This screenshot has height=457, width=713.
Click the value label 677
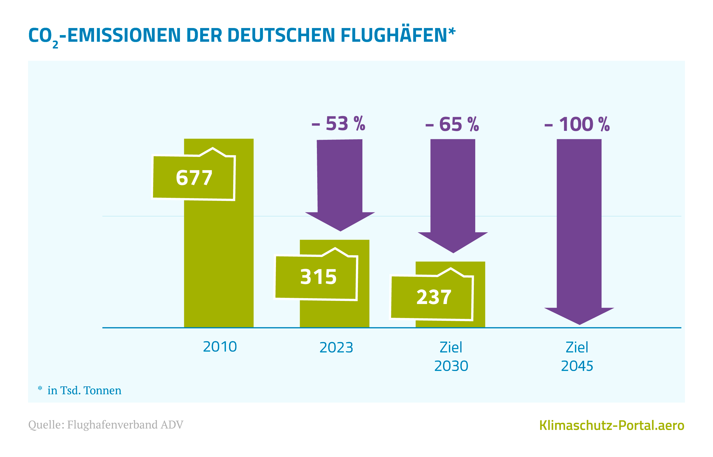[x=194, y=178]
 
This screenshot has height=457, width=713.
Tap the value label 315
[x=318, y=277]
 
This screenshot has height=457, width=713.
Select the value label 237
[x=434, y=297]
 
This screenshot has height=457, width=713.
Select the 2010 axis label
[x=220, y=347]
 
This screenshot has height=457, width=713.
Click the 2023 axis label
[x=336, y=347]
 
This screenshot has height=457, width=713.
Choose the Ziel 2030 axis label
[x=451, y=356]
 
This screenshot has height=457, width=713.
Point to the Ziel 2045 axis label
[x=577, y=356]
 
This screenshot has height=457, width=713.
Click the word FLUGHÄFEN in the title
[x=394, y=35]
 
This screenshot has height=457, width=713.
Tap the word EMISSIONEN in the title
[x=124, y=35]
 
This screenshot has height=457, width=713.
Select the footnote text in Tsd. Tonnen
[x=84, y=391]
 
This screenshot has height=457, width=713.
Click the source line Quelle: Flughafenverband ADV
[x=106, y=425]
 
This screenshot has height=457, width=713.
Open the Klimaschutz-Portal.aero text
[x=612, y=425]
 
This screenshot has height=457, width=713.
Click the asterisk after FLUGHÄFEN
[x=452, y=31]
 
